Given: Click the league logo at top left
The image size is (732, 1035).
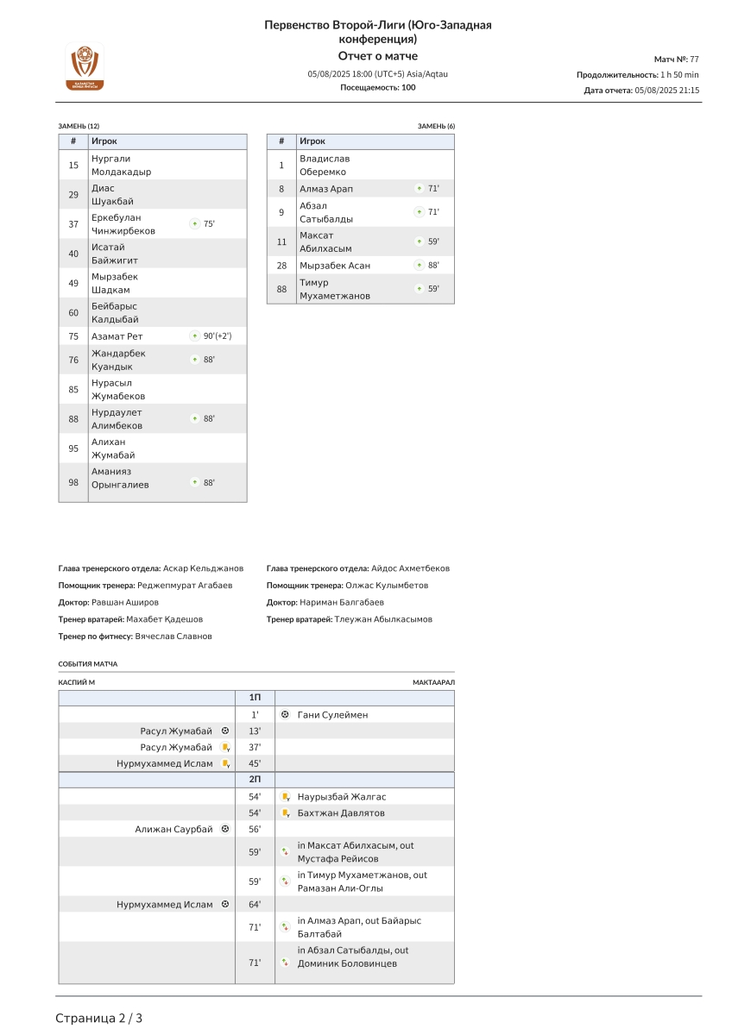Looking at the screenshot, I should tap(85, 66).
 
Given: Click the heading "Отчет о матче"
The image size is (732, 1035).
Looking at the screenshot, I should tap(377, 56).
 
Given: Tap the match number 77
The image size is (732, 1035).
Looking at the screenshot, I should tap(694, 59).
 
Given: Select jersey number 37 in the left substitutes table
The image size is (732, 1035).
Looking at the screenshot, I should tap(73, 224).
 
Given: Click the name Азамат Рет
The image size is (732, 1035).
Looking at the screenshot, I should tap(117, 336).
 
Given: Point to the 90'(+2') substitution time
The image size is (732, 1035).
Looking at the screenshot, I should tap(218, 336).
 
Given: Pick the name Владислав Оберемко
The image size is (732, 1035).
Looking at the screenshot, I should tap(325, 165).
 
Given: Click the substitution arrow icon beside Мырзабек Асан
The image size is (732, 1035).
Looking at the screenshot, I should tap(419, 266).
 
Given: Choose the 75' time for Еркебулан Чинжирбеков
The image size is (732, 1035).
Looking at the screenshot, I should tap(209, 224).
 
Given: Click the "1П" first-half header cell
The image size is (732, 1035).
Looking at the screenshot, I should tap(255, 697).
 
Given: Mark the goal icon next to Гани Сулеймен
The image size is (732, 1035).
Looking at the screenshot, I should tap(285, 715).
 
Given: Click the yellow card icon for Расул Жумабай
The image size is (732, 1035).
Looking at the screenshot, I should tap(224, 748).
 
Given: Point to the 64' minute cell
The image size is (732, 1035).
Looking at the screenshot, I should tap(255, 904).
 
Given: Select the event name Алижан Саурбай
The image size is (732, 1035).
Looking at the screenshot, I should tap(174, 829).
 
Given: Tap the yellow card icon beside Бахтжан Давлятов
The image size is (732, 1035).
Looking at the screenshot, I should tap(285, 813).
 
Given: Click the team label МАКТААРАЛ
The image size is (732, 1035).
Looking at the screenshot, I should tap(433, 682).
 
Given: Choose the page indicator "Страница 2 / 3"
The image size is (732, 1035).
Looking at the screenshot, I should tap(99, 1018).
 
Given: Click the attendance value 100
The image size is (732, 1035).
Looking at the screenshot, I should tap(408, 87).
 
